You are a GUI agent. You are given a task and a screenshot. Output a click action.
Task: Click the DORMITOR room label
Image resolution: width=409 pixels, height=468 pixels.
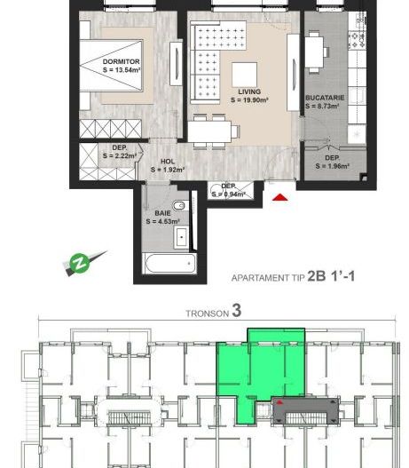point(120,60)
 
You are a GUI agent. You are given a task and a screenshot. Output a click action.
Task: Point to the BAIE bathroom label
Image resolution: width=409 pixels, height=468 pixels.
point(162,213)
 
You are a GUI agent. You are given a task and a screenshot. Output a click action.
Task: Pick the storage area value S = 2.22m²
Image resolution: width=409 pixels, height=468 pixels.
point(122,155)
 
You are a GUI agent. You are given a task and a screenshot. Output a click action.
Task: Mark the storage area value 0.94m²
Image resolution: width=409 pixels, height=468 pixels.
point(233,194)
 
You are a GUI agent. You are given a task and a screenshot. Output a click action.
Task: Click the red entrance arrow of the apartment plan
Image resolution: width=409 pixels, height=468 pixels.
point(280,199)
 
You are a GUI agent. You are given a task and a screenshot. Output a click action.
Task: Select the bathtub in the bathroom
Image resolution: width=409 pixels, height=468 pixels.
point(169,264)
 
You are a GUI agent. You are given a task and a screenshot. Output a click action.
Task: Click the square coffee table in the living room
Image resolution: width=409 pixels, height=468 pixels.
point(245,74)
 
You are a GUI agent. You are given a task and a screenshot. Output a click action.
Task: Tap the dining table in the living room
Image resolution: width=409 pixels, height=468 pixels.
point(213,131)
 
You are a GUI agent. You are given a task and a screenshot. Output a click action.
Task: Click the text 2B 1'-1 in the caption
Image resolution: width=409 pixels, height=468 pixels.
point(330,276)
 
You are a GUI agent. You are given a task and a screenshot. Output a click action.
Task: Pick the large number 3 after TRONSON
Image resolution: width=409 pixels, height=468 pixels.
point(237,312)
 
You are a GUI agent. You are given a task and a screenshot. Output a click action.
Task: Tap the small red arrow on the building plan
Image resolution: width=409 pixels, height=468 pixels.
point(280,401)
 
